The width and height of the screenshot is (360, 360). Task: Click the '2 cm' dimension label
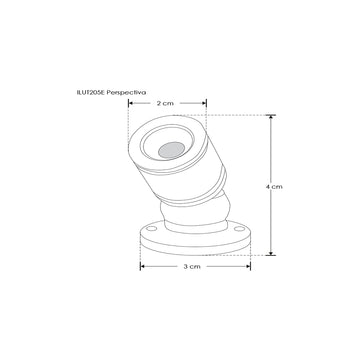click(168, 102)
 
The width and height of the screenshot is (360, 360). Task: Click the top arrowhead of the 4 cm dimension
click(266, 118)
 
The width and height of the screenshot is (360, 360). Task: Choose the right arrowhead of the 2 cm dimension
click(204, 102)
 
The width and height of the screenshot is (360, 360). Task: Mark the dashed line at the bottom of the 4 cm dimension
click(250, 256)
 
